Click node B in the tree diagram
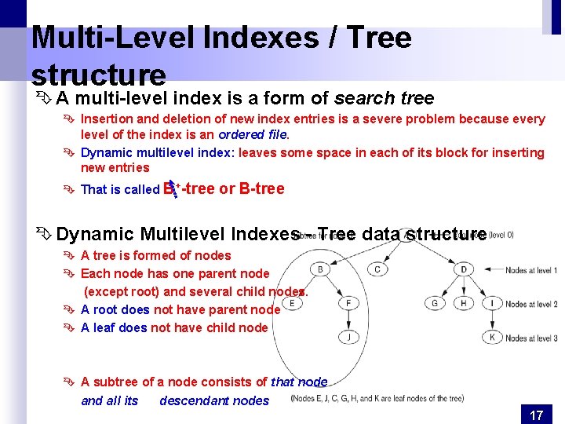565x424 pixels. click(x=321, y=269)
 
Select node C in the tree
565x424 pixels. click(x=377, y=269)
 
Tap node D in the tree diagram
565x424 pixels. click(x=464, y=269)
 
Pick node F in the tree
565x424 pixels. click(x=348, y=303)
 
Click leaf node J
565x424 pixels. click(x=348, y=337)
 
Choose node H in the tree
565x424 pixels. click(x=463, y=303)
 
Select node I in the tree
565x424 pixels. click(x=491, y=303)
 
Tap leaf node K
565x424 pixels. click(x=491, y=337)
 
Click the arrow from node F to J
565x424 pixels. click(x=348, y=320)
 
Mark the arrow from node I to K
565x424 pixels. click(x=491, y=320)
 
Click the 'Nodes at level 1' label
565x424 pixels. click(x=531, y=270)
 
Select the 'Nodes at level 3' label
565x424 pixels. click(x=531, y=338)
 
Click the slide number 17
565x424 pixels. click(x=536, y=415)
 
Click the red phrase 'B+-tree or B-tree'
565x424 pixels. click(x=224, y=189)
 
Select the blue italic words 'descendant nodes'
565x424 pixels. click(x=214, y=400)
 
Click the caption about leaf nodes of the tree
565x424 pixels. click(x=377, y=398)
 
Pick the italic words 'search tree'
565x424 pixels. click(x=384, y=98)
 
